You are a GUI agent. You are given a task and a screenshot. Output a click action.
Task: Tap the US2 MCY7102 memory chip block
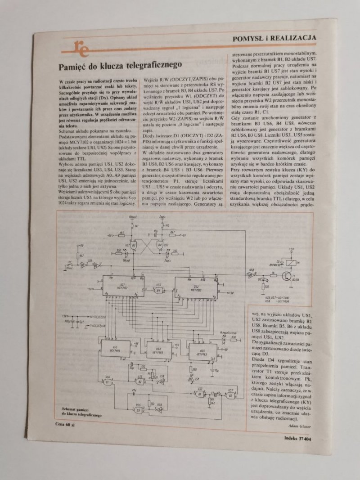(195, 287)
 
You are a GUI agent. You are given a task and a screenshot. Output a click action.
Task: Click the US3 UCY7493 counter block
(116, 350)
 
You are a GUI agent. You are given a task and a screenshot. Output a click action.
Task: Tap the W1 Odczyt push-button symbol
(134, 224)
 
